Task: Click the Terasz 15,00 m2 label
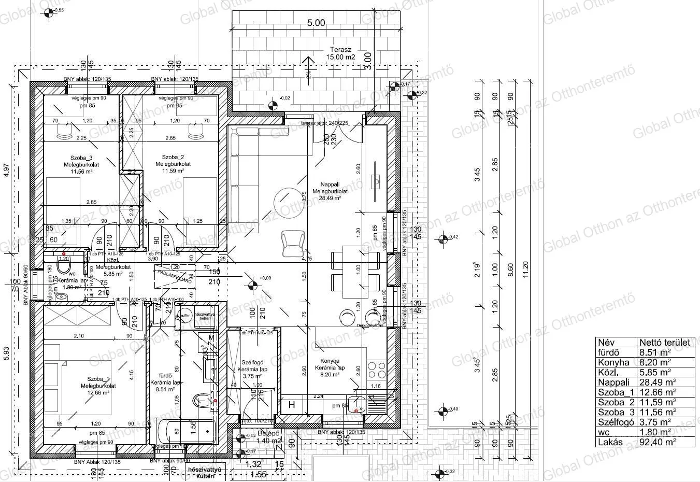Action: [340, 53]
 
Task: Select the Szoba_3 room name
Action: [81, 158]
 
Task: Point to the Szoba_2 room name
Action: [173, 157]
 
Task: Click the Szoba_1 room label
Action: [98, 379]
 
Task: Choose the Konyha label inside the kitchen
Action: [330, 361]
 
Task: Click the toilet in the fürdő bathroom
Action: [201, 401]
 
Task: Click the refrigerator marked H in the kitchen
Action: [292, 405]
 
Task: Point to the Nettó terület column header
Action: [665, 342]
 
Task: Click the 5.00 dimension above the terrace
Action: [316, 23]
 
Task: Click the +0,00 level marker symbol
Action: [253, 285]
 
